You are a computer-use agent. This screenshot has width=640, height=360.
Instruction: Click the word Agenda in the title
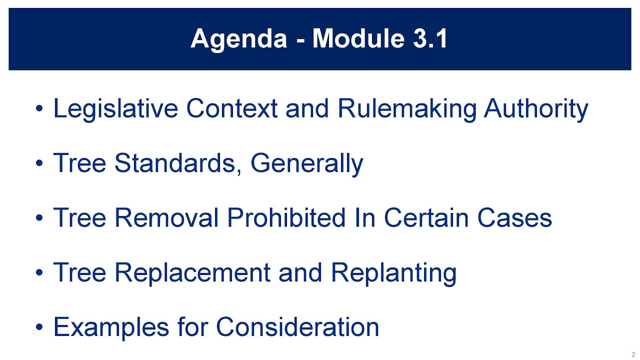(238, 38)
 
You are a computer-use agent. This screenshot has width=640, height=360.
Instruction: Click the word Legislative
(115, 108)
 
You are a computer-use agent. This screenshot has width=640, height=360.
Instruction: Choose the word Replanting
(393, 273)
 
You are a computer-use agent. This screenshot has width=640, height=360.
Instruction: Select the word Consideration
(297, 327)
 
